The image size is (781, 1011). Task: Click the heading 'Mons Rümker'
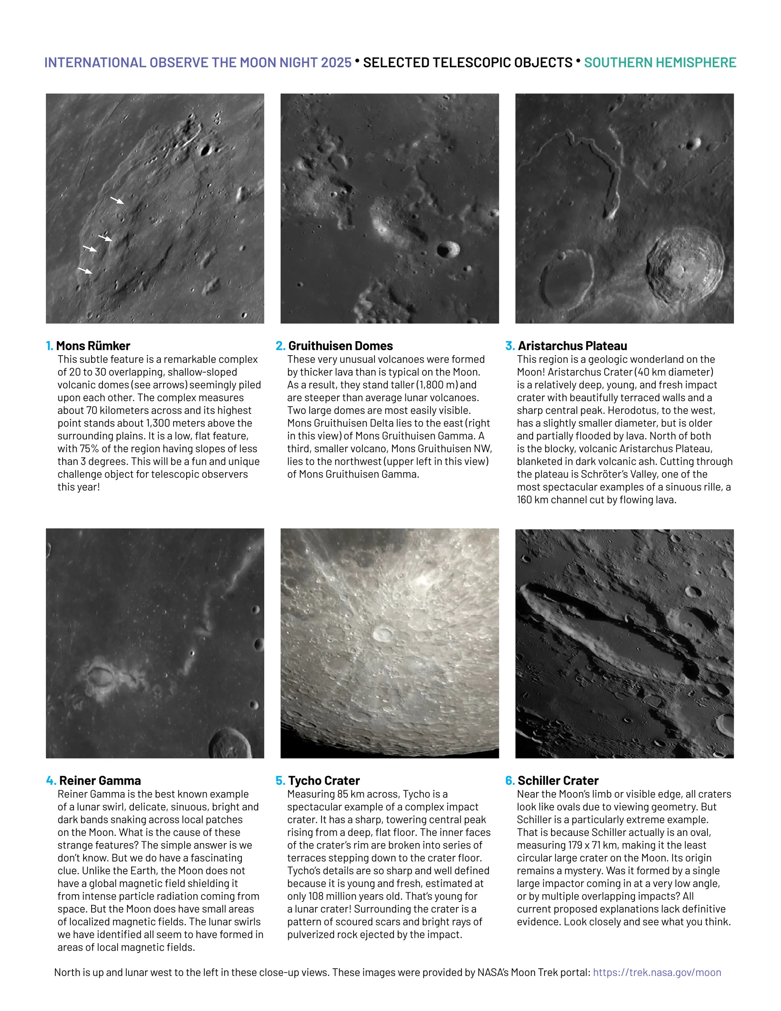pos(93,346)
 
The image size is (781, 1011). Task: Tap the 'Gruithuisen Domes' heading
pos(340,346)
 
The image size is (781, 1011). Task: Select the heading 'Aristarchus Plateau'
pos(572,346)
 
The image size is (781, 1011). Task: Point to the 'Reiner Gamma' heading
pos(100,781)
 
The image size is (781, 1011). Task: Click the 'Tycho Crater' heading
pos(324,781)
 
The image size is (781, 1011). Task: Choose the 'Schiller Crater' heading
pos(558,781)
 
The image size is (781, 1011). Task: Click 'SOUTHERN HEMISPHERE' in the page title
pos(660,63)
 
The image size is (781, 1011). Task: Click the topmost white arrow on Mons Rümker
pos(117,200)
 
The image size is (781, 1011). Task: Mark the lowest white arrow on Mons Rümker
pos(85,270)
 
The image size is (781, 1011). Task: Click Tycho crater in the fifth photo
pos(382,633)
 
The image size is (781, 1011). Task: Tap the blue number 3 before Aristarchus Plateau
pos(510,346)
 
